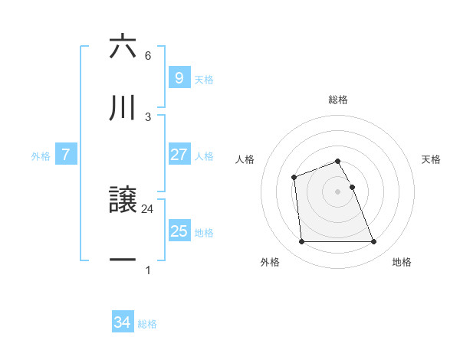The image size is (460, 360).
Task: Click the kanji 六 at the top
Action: (123, 47)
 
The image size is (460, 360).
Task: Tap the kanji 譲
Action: (123, 201)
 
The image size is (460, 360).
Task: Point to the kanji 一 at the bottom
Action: (123, 260)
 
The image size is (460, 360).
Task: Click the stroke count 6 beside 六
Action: (148, 56)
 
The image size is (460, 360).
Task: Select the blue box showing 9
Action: (179, 78)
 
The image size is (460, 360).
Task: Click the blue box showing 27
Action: (179, 155)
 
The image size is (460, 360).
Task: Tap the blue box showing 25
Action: (179, 231)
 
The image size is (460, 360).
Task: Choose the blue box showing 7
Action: (66, 155)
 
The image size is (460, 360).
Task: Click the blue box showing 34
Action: (123, 322)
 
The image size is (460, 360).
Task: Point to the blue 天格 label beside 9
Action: (204, 79)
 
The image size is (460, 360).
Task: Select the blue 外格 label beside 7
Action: (41, 155)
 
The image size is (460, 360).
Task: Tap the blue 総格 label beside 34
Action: (147, 324)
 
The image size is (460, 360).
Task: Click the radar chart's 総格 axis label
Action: (338, 100)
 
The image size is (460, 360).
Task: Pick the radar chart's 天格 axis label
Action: (431, 159)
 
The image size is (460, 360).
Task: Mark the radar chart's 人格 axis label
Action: (245, 159)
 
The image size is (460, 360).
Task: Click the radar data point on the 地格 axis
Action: (374, 242)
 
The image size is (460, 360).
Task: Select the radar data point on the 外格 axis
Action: (301, 242)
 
